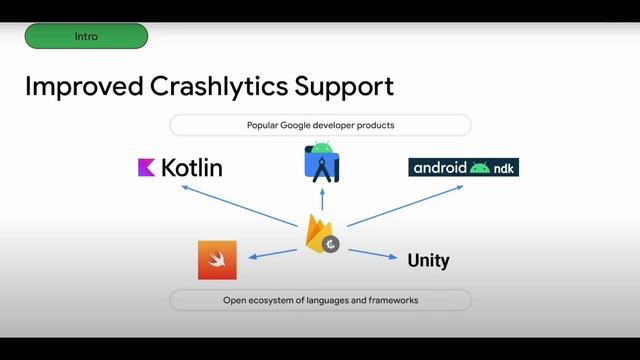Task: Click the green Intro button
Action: (86, 36)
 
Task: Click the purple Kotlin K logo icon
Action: (146, 167)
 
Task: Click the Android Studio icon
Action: (321, 164)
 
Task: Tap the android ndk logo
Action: (464, 167)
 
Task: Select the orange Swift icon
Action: (217, 260)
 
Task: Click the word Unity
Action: (428, 261)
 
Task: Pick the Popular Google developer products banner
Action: (320, 125)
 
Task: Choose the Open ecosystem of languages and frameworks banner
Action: (320, 300)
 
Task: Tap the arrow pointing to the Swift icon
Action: (273, 251)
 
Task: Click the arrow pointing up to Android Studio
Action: (320, 201)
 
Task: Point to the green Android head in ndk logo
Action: (480, 167)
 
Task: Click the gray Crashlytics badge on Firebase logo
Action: (330, 243)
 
